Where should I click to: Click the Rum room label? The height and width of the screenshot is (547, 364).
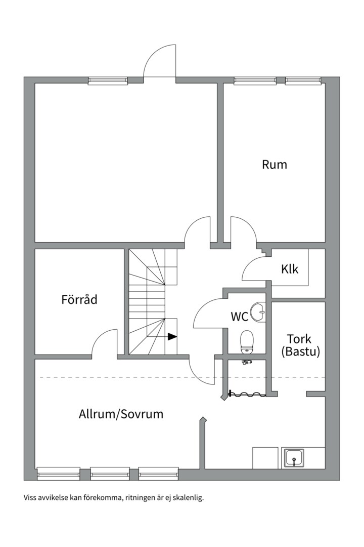[x=274, y=165]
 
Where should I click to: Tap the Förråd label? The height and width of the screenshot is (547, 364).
[x=79, y=299]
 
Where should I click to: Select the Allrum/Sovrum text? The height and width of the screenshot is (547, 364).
[x=121, y=414]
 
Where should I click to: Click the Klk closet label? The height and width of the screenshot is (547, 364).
[x=290, y=269]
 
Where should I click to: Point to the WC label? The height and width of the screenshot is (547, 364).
[x=239, y=317]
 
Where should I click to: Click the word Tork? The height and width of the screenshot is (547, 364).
[x=299, y=339]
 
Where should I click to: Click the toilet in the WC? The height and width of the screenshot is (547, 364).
[x=247, y=341]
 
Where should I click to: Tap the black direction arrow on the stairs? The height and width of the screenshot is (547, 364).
[x=172, y=336]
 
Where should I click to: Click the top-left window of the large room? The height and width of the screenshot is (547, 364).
[x=108, y=81]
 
